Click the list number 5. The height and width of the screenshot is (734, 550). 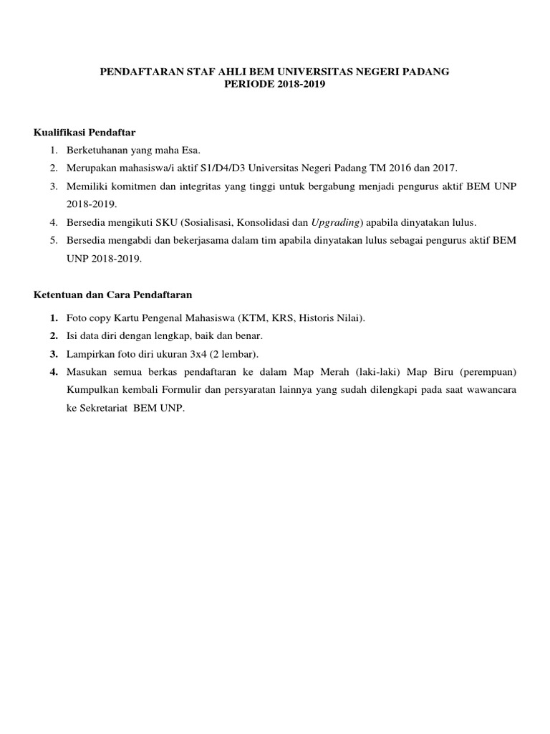point(53,240)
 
